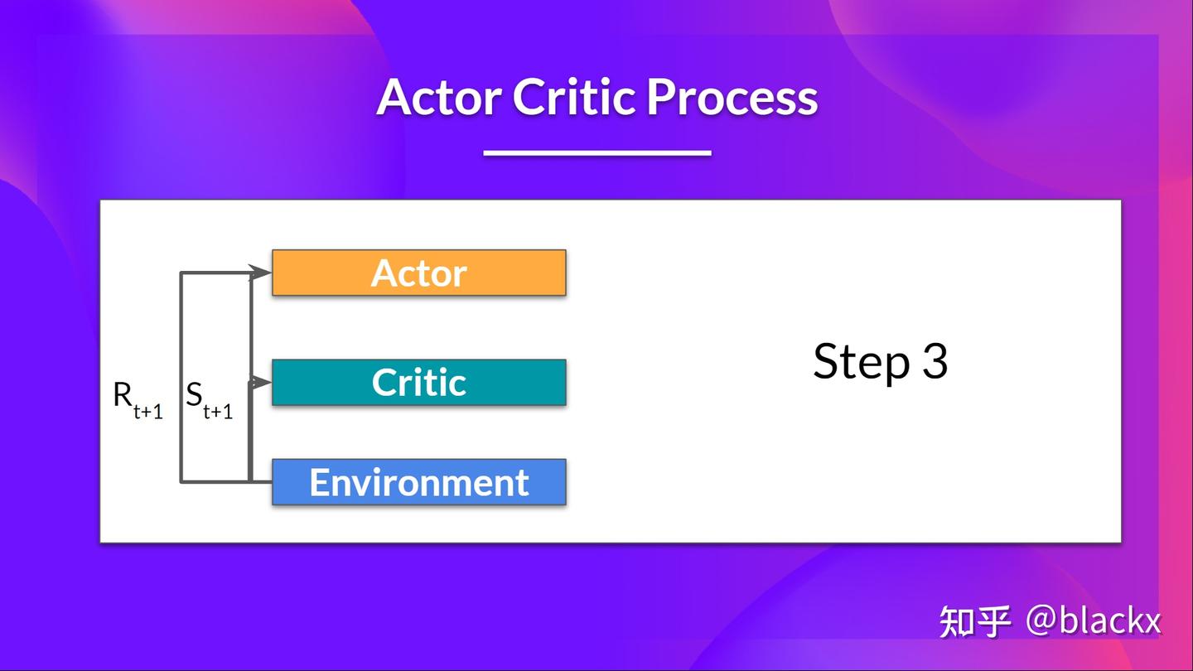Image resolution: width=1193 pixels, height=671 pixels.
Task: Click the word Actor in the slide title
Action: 439,97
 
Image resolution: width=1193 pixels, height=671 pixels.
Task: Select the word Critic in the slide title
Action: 573,97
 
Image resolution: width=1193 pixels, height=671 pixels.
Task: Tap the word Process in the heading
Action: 732,99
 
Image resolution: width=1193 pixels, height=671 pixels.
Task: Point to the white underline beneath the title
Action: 596,152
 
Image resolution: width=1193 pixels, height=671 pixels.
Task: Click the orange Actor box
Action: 419,273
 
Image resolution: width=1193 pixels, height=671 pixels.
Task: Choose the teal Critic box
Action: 419,382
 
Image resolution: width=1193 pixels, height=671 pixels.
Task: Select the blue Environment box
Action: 419,482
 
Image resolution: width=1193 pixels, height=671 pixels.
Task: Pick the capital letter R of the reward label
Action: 123,395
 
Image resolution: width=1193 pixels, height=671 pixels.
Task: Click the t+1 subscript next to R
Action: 148,411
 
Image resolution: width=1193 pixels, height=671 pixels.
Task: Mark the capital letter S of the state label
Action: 194,395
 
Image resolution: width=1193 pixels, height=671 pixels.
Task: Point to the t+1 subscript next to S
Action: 218,411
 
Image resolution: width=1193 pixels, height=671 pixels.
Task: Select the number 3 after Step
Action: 935,361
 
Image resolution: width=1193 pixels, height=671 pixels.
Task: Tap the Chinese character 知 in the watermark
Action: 957,621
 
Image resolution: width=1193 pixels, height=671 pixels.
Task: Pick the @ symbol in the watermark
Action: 1041,621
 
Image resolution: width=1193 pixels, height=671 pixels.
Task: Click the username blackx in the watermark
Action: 1110,621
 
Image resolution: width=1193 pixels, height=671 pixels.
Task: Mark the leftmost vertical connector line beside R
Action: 181,377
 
